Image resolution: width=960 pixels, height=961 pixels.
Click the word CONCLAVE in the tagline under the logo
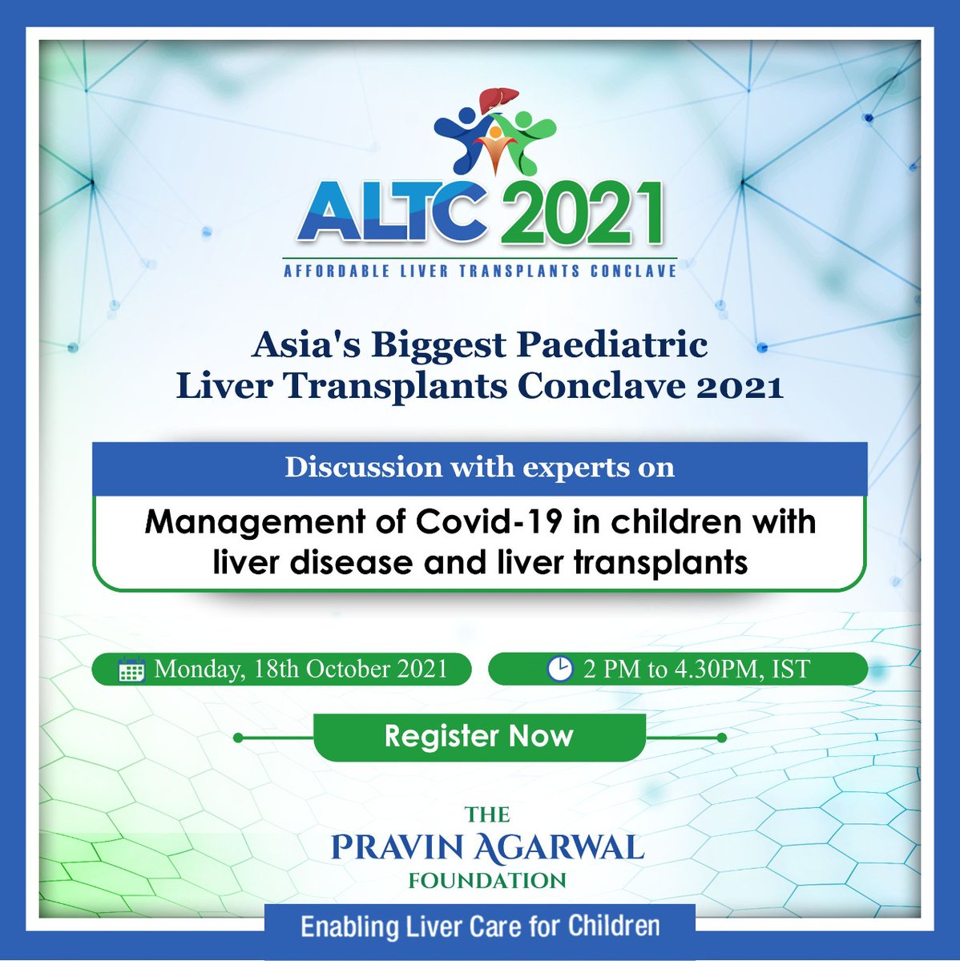[x=633, y=271]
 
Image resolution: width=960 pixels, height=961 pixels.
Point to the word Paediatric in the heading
[x=612, y=345]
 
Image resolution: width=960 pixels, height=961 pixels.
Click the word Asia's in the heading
[x=299, y=345]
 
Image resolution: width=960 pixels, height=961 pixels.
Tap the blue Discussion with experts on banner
[x=479, y=468]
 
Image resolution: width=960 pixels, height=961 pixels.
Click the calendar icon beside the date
[x=131, y=670]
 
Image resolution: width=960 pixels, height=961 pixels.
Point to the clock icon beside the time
[x=559, y=669]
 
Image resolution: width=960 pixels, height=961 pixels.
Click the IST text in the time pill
[x=790, y=669]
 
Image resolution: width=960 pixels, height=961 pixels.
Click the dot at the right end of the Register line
[x=721, y=738]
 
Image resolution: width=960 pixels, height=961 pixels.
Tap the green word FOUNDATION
[x=487, y=881]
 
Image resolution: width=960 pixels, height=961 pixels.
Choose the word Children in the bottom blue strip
[x=614, y=927]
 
